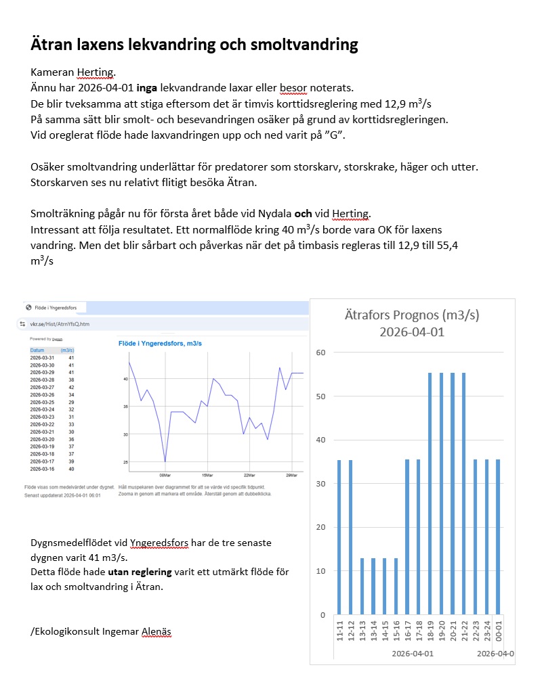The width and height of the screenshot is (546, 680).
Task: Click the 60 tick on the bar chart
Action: click(x=322, y=353)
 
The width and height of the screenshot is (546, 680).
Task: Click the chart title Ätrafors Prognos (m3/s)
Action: click(x=413, y=315)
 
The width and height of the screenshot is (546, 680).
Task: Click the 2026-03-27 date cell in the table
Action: click(x=42, y=388)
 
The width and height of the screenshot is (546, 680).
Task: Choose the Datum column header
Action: click(x=37, y=350)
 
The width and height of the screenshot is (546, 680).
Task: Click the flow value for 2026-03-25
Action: click(x=70, y=403)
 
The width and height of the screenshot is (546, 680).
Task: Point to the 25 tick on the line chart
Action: click(x=125, y=462)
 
